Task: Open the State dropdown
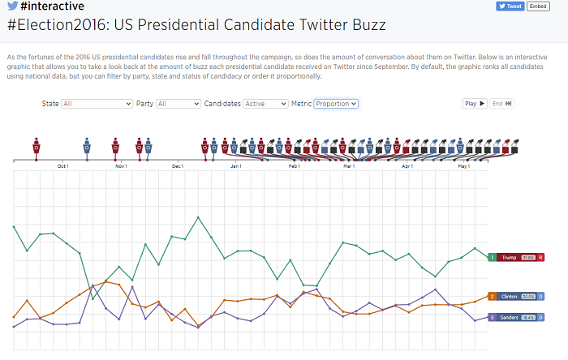pos(97,104)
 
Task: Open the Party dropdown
pos(179,104)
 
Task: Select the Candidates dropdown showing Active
pos(265,104)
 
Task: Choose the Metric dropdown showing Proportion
pos(336,104)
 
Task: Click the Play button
pos(475,104)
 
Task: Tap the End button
pos(501,104)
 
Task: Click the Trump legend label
pos(509,257)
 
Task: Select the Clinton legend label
pos(509,297)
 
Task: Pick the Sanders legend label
pos(509,317)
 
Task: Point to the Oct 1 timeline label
pos(63,166)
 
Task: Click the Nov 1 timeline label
pos(121,166)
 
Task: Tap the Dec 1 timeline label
pos(178,166)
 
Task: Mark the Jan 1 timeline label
pos(236,166)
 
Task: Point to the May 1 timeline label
pos(464,166)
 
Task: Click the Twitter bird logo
pos(12,6)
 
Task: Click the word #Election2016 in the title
pos(56,25)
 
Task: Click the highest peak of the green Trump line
pos(197,217)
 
